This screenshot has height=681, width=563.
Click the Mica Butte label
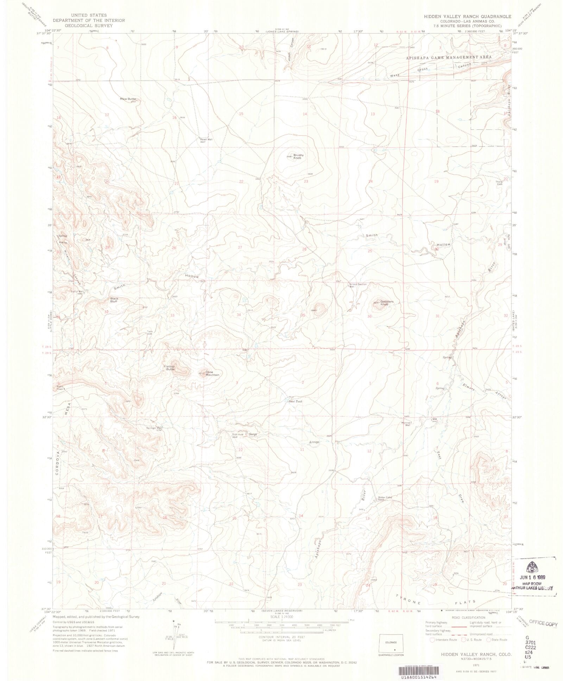127,99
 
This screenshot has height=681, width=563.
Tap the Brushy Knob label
298,157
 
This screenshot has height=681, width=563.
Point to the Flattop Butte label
170,368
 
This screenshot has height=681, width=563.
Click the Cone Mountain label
212,373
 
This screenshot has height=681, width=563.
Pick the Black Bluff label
114,300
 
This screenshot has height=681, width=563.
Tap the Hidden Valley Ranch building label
385,498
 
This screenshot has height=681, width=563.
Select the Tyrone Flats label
435,602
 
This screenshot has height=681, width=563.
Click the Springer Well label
154,428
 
